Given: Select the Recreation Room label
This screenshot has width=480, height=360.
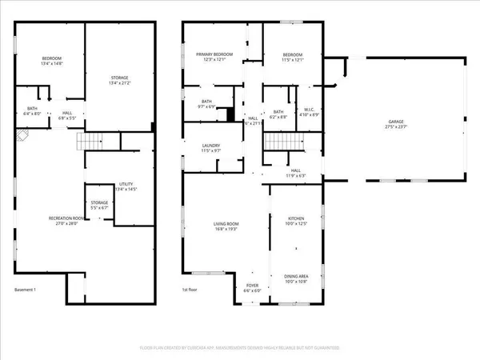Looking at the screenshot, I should tap(46, 221).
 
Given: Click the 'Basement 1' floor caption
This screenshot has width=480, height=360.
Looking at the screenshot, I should tap(27, 290).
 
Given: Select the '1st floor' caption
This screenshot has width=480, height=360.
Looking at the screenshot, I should tap(190, 290).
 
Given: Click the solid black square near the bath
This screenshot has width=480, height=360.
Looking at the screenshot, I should tap(230, 114).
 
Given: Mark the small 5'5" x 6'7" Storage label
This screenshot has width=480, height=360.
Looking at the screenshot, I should tap(99, 205).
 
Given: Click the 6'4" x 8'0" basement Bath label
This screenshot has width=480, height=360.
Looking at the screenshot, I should tap(32, 112).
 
